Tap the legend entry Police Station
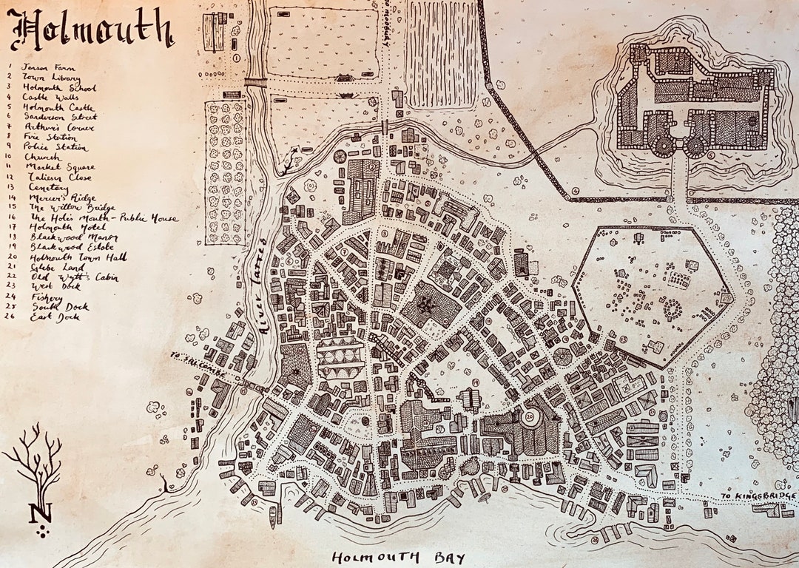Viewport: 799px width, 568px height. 55,147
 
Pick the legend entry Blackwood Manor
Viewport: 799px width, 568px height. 63,236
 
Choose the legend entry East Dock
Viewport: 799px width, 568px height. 55,317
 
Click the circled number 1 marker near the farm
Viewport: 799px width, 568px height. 235,57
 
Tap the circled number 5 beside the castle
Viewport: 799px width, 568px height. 709,155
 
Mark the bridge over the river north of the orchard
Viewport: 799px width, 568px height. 255,84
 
